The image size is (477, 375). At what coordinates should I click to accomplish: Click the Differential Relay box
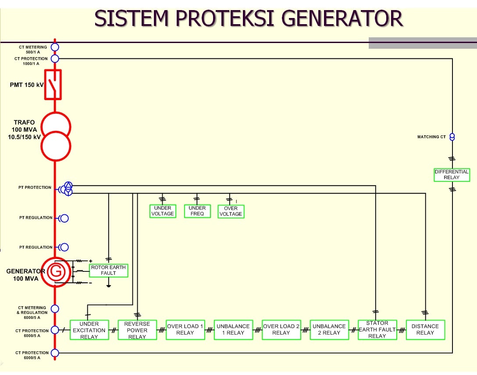coord(452,175)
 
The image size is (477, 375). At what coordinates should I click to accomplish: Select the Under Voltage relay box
coord(163,211)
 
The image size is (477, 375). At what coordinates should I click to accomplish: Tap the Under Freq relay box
coord(197,211)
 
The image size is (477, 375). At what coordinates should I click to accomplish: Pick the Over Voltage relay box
coord(231,211)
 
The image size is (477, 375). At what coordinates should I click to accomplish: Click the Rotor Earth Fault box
coord(108,270)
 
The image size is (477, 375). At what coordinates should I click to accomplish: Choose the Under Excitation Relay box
coord(89,330)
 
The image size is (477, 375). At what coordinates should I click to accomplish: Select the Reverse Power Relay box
coord(137,330)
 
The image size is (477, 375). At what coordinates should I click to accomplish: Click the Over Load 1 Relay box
coord(185,330)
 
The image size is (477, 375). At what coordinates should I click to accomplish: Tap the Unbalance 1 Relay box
coord(233,330)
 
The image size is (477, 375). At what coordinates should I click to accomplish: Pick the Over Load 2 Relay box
coord(281,330)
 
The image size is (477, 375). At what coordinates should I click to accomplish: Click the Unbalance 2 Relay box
coord(329,330)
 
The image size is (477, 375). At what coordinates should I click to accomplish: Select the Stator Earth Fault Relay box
coord(377,330)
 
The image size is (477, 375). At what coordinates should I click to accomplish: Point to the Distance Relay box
coord(425,330)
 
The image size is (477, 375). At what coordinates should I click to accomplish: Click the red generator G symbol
coord(56,272)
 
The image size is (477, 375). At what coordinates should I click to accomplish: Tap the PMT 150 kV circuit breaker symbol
coord(53,84)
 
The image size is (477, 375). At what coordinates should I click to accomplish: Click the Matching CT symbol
coord(452,137)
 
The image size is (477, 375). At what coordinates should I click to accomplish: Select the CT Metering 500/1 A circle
coord(55,47)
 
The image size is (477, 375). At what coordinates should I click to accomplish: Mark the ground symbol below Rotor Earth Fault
coord(108,286)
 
